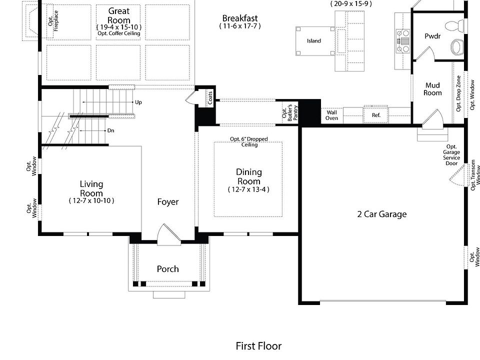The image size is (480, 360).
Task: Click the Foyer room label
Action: coord(168,202)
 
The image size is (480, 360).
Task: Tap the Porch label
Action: coord(168,269)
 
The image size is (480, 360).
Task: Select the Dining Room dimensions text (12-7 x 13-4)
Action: coord(248,189)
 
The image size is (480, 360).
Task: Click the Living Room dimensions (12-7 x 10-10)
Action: coord(91,201)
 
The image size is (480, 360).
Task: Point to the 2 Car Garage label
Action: coord(381,214)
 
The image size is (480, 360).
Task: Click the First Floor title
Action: coord(258,346)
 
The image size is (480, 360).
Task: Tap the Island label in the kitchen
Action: coord(314,41)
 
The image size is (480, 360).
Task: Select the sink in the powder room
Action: coord(457,47)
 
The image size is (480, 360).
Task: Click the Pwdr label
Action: coord(432,36)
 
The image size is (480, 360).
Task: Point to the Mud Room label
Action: coord(432,89)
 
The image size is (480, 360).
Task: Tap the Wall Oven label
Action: coord(331,115)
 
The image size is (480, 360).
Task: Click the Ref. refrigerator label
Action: coord(376,115)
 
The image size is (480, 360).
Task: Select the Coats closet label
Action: coord(210,98)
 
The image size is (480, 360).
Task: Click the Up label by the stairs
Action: coord(138,102)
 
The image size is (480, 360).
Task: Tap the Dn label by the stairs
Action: coord(111,130)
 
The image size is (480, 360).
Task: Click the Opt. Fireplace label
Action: coord(53,21)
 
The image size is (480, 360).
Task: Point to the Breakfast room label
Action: coord(240,18)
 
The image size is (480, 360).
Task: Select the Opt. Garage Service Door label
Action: coord(451,155)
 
